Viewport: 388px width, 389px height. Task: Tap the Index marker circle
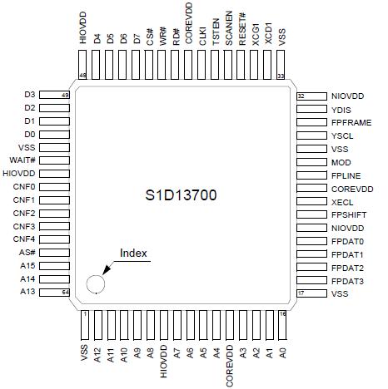pos(96,283)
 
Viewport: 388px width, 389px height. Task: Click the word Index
pos(134,253)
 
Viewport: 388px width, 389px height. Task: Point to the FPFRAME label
pos(349,122)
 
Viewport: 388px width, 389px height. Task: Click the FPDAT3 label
pos(346,281)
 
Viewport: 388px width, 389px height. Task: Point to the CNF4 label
pos(23,239)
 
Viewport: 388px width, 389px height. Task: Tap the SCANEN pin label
pos(229,27)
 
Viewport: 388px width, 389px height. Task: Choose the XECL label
pos(341,201)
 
